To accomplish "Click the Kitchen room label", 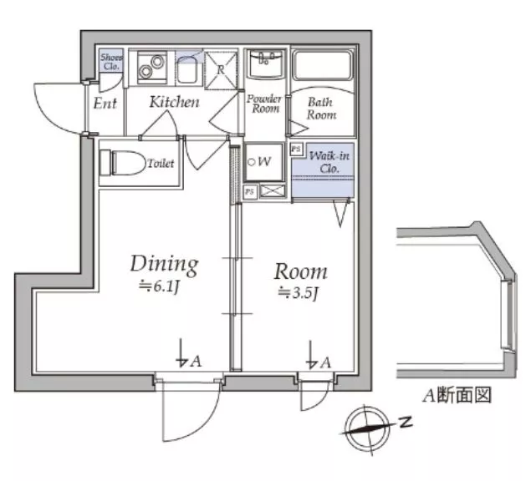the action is coord(174,102).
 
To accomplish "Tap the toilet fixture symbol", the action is coord(121,163).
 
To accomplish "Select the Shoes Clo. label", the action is coord(112,62).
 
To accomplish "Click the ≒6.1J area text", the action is coord(160,286).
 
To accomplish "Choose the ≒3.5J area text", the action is coord(298,293).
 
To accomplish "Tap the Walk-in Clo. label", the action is coord(329,162).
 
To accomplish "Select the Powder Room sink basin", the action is coord(265,63).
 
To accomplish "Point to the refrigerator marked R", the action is coord(221,70).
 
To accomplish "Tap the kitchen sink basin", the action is coord(187,70).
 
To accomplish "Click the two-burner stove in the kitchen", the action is coord(152,68).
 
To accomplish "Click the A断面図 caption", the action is coord(457,395).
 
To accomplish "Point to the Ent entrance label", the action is coord(105,104).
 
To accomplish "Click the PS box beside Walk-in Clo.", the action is coord(296,149).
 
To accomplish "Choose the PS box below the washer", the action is coord(250,192).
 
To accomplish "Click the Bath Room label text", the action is coord(321,109).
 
